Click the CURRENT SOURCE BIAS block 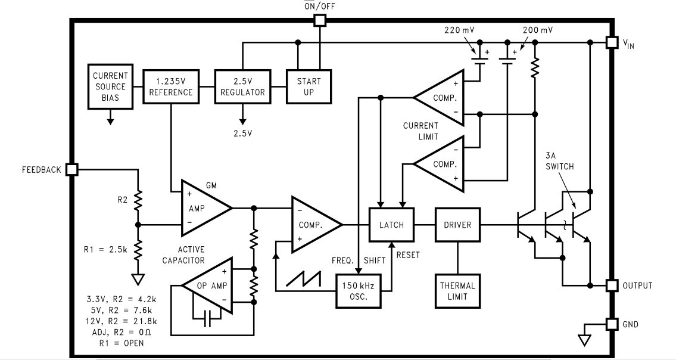point(110,86)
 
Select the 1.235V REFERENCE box point(171,86)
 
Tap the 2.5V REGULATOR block point(242,86)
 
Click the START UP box point(309,86)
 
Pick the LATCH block point(391,225)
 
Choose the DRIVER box point(457,225)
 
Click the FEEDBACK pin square point(72,169)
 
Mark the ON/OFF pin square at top point(320,20)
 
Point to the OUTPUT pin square point(611,285)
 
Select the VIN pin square point(611,42)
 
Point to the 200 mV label point(539,29)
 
